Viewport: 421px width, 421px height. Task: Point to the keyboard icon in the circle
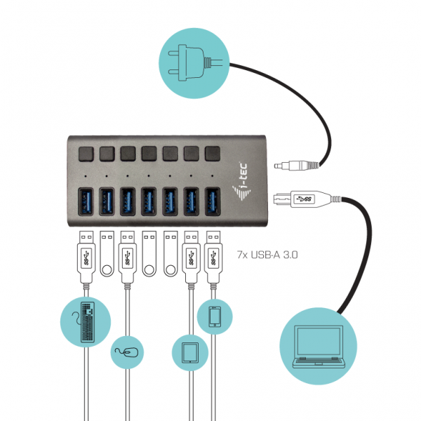[x=86, y=322]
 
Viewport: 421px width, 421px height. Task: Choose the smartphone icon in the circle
[x=214, y=318]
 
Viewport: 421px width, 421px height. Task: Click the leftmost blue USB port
[x=86, y=201]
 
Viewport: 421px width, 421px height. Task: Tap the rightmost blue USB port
[x=213, y=201]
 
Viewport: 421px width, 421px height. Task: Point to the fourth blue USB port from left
[x=149, y=201]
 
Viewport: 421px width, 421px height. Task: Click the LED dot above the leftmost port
[x=86, y=176]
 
